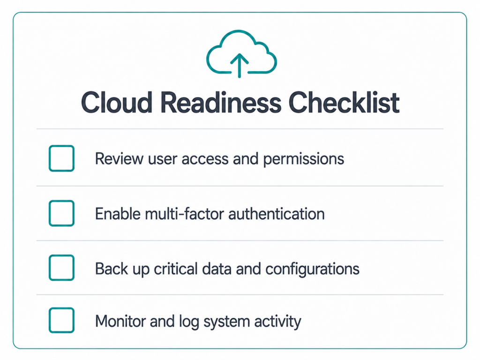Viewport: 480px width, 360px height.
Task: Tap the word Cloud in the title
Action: (117, 102)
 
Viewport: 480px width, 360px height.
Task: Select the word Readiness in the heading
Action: (221, 102)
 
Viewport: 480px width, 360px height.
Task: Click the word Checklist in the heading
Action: (344, 102)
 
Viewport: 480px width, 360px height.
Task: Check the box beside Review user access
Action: (61, 158)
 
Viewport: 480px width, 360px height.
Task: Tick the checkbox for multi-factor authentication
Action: (61, 213)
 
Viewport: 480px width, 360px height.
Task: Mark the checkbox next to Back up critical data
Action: (61, 268)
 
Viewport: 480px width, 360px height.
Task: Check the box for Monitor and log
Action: (61, 320)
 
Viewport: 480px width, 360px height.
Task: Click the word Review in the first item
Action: (119, 158)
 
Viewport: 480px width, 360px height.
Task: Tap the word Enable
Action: (118, 214)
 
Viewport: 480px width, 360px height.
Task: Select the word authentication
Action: (277, 214)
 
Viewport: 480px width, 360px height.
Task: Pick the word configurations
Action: (312, 269)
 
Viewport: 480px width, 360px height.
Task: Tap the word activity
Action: (277, 322)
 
